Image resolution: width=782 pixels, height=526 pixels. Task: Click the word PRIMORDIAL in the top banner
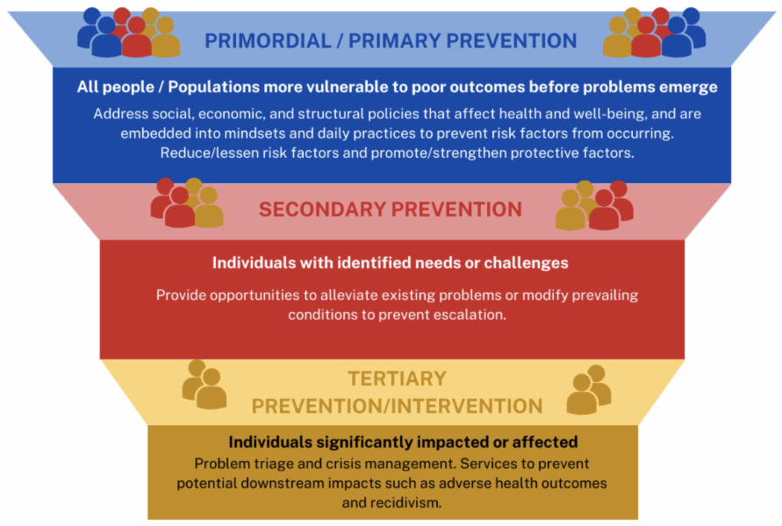coord(268,41)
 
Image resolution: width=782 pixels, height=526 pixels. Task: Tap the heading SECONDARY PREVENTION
coord(391,210)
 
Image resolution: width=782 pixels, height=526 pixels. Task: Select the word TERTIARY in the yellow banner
coord(397,379)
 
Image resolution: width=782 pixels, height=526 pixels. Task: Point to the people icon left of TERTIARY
coord(204,384)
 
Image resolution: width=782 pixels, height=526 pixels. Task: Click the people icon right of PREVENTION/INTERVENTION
coord(589,389)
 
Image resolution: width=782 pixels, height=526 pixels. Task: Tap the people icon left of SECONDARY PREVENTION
coord(187,203)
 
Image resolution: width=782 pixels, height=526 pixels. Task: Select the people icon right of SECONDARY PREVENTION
coord(594,205)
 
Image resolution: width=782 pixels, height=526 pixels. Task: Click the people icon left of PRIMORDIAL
coord(129,32)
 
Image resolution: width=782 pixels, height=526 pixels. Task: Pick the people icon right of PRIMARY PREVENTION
coord(655,32)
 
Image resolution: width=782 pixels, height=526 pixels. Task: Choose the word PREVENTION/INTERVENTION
coord(397,407)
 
